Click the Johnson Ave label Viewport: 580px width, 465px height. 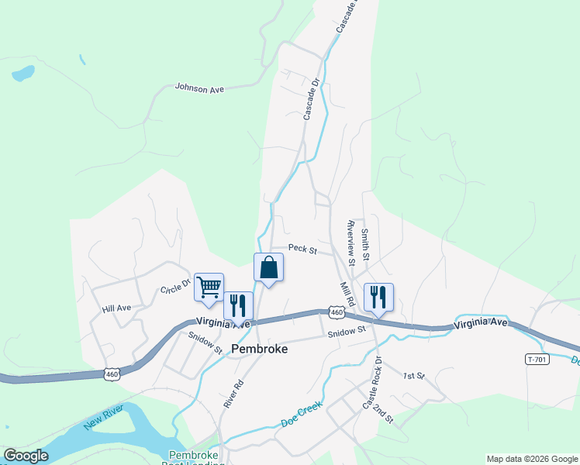(x=199, y=89)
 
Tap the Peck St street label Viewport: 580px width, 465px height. (x=302, y=250)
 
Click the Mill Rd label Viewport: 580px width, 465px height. (x=347, y=293)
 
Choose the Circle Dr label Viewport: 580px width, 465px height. (x=175, y=286)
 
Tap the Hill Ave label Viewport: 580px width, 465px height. (x=116, y=308)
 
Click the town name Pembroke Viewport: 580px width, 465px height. (x=260, y=350)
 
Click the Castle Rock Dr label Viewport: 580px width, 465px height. (x=373, y=382)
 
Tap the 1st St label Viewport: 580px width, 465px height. (x=414, y=376)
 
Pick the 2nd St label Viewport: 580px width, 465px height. (x=384, y=412)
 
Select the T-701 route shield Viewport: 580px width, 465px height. (x=537, y=359)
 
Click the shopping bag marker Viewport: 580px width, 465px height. (x=268, y=267)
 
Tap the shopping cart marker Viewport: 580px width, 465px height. (x=209, y=287)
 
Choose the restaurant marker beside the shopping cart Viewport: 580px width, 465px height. (x=238, y=305)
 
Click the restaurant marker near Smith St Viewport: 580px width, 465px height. (x=378, y=297)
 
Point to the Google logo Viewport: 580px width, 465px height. (x=26, y=456)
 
